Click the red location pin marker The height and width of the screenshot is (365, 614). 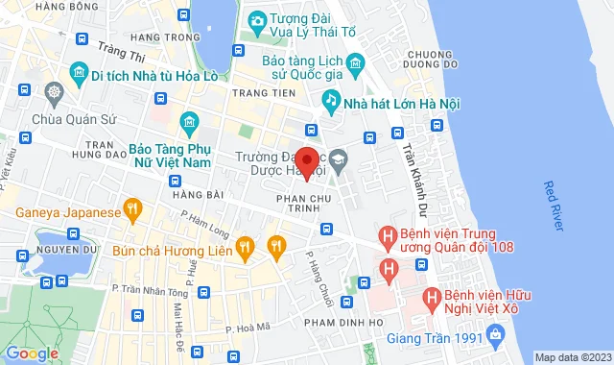click(306, 162)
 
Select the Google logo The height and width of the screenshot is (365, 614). click(32, 353)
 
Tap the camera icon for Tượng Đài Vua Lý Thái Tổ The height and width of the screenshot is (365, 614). click(257, 21)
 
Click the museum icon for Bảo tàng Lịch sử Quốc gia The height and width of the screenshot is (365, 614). click(356, 65)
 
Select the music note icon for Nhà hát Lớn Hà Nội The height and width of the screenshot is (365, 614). click(330, 99)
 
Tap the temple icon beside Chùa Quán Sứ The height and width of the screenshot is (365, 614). click(52, 94)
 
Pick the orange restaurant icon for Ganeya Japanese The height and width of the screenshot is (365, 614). click(133, 208)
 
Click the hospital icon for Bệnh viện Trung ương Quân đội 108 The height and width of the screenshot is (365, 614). click(388, 234)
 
